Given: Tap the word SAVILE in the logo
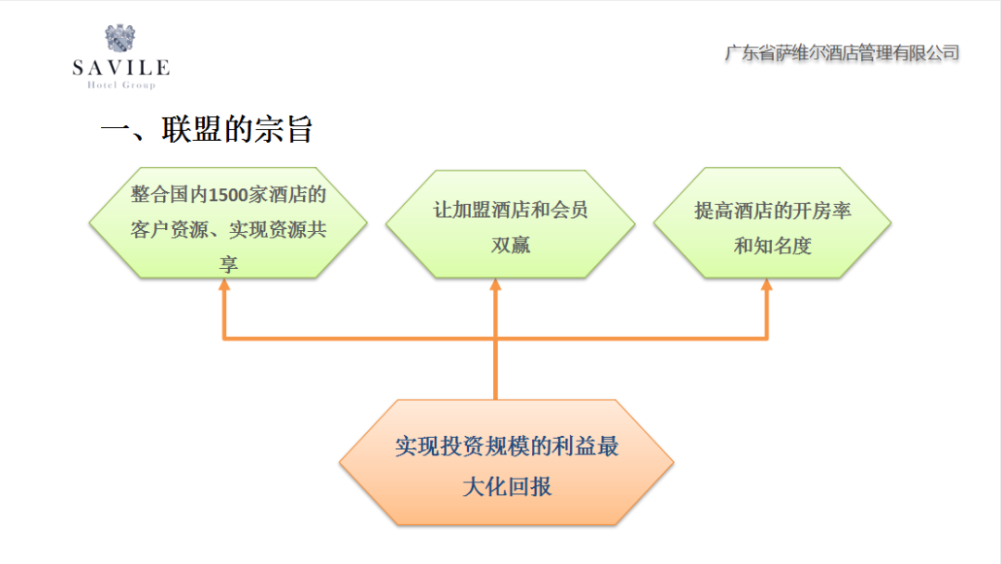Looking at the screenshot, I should pyautogui.click(x=120, y=68).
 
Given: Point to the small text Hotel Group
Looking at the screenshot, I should pyautogui.click(x=120, y=85).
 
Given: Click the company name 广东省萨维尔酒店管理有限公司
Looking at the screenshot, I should pyautogui.click(x=841, y=53).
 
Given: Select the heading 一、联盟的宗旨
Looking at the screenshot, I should pyautogui.click(x=206, y=130).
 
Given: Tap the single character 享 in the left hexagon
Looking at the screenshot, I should pyautogui.click(x=228, y=264).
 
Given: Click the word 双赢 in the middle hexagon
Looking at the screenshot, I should pyautogui.click(x=510, y=245).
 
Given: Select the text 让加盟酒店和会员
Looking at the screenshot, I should pyautogui.click(x=510, y=210).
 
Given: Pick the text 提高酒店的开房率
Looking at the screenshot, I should pyautogui.click(x=772, y=211).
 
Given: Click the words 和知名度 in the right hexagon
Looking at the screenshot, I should pyautogui.click(x=772, y=246).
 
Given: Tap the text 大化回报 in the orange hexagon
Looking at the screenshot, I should pyautogui.click(x=507, y=486).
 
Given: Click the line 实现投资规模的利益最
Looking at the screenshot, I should pyautogui.click(x=507, y=447).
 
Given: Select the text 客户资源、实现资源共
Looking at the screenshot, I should pyautogui.click(x=228, y=230).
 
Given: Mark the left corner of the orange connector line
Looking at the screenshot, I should pyautogui.click(x=223, y=339).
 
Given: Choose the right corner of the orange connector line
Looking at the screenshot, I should pyautogui.click(x=767, y=339).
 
